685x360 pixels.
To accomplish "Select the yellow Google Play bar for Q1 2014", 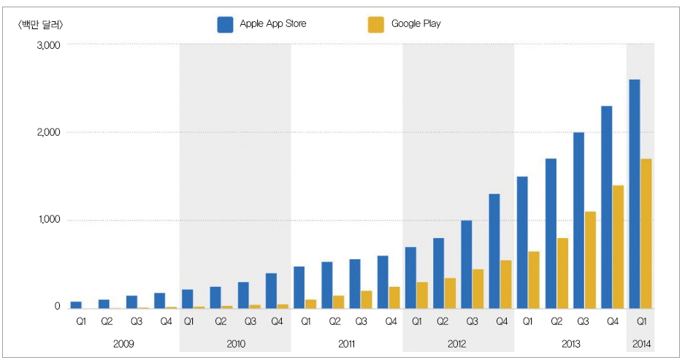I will click(x=646, y=234).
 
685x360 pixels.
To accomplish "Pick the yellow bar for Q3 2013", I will click(x=590, y=260).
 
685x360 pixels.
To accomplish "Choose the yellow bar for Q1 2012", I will click(x=422, y=295).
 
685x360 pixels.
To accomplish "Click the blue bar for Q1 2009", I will click(x=76, y=305).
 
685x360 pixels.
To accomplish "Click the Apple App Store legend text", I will click(x=273, y=23).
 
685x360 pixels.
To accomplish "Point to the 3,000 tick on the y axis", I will click(x=47, y=45).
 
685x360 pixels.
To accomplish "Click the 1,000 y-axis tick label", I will click(x=47, y=220).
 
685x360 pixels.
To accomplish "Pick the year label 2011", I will click(x=348, y=342).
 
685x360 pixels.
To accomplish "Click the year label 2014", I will click(x=640, y=342).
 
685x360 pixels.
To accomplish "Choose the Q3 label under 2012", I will click(x=472, y=321).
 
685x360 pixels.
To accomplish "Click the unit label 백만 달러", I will click(x=40, y=24).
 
